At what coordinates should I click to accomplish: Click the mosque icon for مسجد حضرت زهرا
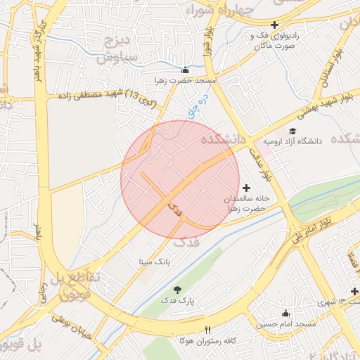(x=185, y=70)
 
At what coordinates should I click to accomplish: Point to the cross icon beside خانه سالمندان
(x=246, y=188)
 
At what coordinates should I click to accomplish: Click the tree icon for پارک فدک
(x=176, y=290)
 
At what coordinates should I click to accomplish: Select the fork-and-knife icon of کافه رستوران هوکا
(x=207, y=330)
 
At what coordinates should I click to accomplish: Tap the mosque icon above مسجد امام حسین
(x=285, y=314)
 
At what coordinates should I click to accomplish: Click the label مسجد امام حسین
(x=285, y=324)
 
